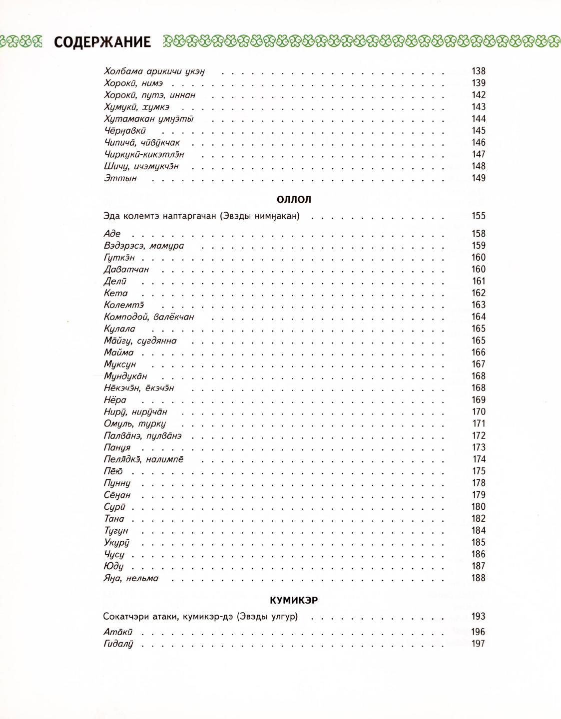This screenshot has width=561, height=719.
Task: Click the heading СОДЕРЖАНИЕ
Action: coord(102,42)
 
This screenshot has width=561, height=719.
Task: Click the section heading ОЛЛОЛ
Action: coord(294,199)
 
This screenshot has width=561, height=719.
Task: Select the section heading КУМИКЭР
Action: coord(294,600)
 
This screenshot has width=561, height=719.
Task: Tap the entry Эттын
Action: coord(120,178)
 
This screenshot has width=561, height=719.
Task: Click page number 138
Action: coord(478,71)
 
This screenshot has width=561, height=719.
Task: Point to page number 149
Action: coord(478,178)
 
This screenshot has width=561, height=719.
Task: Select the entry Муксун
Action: coord(120,364)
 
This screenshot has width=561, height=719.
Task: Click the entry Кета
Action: coord(115,293)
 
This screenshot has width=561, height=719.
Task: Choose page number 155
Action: coord(478,216)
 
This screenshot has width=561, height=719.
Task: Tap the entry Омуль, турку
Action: coord(134,424)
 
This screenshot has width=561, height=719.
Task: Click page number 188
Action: coord(478,578)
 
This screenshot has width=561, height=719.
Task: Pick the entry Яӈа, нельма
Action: coord(131,578)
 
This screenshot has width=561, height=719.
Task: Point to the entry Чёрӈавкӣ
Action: coord(125,131)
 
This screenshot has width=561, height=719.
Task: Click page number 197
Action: coord(478,644)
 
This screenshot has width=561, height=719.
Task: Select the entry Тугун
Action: coord(116,531)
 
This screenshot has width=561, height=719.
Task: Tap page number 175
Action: coord(478,471)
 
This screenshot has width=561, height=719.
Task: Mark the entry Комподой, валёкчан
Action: coord(149,317)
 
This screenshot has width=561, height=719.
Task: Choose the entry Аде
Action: coord(112,234)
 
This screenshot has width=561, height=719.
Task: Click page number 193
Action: coord(478,617)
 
